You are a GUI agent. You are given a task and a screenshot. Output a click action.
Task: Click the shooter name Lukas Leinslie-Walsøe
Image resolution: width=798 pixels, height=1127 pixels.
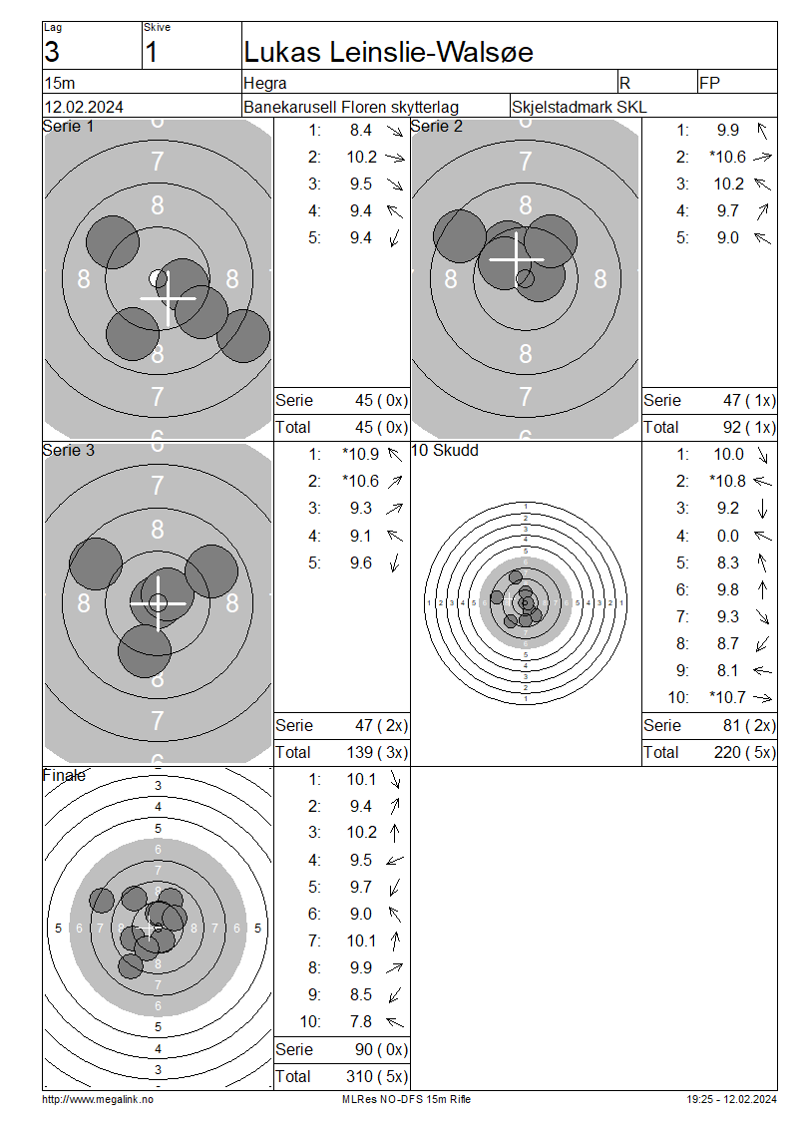[x=388, y=53]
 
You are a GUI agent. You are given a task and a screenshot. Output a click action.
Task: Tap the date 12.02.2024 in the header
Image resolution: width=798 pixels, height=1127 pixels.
[x=84, y=107]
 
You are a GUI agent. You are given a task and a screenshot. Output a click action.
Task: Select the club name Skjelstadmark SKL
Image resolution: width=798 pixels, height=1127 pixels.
[x=579, y=107]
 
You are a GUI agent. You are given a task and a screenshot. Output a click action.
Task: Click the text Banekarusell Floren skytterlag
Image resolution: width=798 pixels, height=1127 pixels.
[x=351, y=107]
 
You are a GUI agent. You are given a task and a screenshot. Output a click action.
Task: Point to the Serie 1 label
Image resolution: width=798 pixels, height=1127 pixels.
[x=68, y=127]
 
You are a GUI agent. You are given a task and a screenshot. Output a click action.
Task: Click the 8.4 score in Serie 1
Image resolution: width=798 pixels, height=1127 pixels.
[x=361, y=130]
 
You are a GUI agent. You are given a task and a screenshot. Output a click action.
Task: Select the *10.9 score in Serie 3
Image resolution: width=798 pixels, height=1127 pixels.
[x=360, y=454]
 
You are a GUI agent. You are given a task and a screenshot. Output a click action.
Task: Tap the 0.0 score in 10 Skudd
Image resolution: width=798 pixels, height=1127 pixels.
[x=727, y=537]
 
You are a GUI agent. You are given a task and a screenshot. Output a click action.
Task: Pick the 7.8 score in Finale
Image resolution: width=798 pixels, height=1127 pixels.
[x=361, y=1022]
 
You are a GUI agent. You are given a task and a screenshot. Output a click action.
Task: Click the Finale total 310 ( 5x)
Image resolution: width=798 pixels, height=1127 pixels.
[x=377, y=1077]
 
